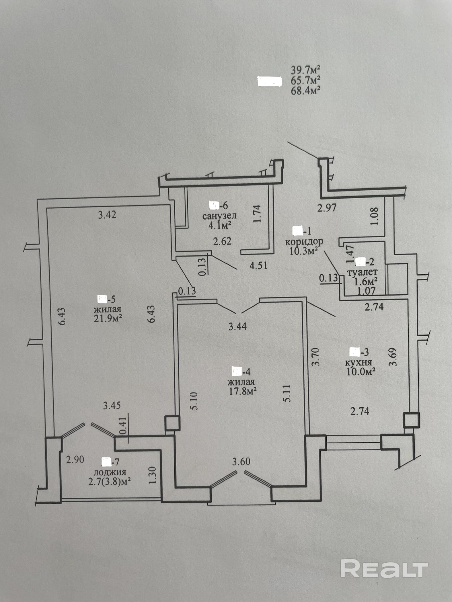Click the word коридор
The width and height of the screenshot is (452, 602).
pyautogui.click(x=304, y=241)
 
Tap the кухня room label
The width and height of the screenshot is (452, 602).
pyautogui.click(x=359, y=362)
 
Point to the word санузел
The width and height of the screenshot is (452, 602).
pyautogui.click(x=219, y=216)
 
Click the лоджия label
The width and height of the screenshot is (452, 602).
pyautogui.click(x=110, y=472)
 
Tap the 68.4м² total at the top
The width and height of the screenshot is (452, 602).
pyautogui.click(x=305, y=91)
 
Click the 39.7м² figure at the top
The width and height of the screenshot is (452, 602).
pyautogui.click(x=305, y=70)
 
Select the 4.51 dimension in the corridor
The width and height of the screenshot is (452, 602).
pyautogui.click(x=258, y=265)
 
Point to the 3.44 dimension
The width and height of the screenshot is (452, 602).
pyautogui.click(x=237, y=326)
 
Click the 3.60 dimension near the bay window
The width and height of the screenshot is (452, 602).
pyautogui.click(x=241, y=462)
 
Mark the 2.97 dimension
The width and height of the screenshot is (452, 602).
pyautogui.click(x=327, y=207)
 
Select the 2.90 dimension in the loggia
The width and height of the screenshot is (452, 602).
pyautogui.click(x=75, y=460)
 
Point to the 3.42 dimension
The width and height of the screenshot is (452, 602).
pyautogui.click(x=107, y=214)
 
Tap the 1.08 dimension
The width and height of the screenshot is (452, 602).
pyautogui.click(x=374, y=216)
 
